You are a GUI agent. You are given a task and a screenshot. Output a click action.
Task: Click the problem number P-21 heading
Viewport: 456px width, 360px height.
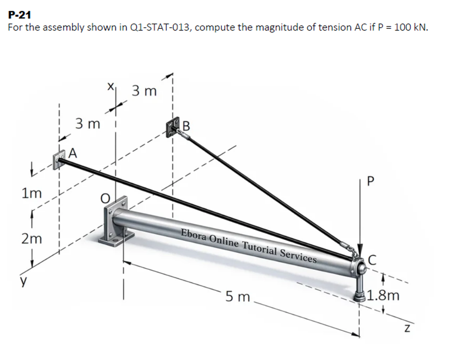coord(20,14)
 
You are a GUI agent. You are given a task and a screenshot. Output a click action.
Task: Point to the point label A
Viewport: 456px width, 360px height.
coord(73,153)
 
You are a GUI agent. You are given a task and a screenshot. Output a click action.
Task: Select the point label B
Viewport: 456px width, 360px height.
coord(186,126)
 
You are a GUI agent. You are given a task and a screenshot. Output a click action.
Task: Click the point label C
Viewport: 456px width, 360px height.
coord(372,260)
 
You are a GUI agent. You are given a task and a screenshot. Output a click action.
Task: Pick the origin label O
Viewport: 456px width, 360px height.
coord(105,199)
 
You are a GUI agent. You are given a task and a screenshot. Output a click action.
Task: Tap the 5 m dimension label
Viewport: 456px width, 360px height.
coord(238,297)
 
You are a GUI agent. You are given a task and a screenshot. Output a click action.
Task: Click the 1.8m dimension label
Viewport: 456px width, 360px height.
coord(383,295)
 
